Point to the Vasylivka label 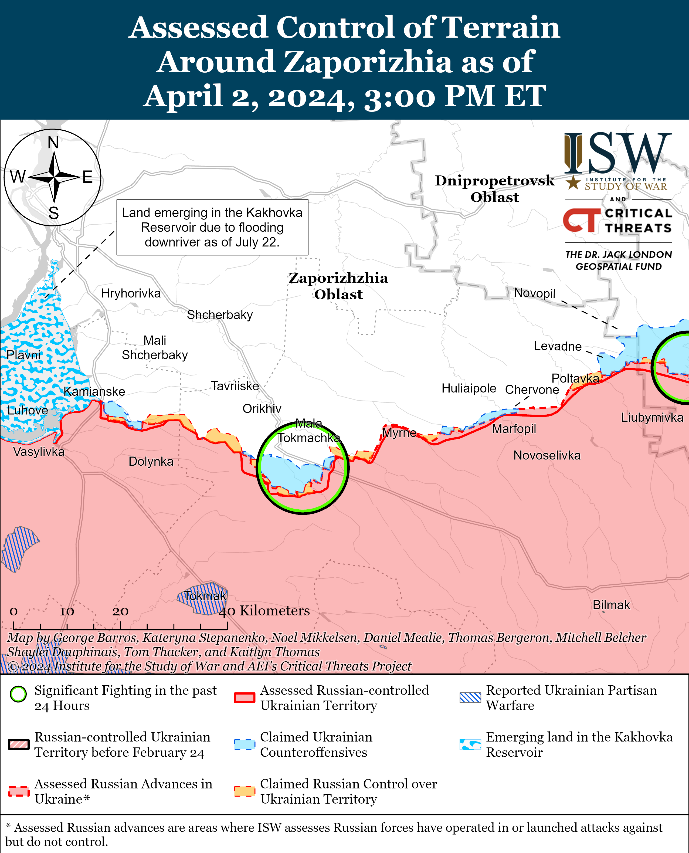pos(39,452)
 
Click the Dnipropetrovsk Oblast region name pos(494,188)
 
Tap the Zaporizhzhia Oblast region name pos(338,286)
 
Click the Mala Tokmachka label pos(308,431)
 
